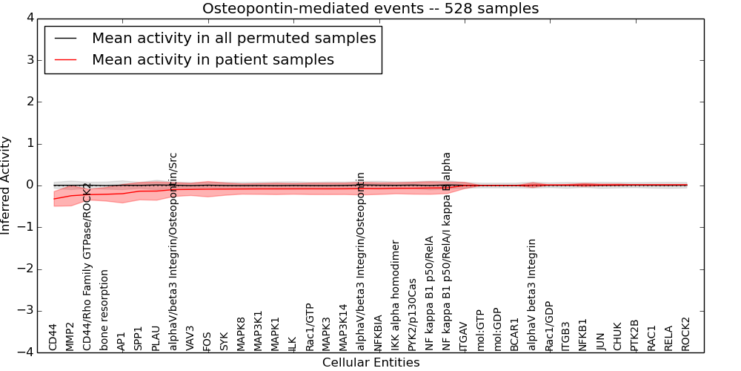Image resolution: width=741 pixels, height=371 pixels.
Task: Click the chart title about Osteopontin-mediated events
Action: pyautogui.click(x=370, y=8)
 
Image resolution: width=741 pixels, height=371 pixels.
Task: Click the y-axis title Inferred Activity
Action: pyautogui.click(x=7, y=185)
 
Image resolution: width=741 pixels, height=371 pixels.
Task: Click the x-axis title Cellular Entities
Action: pyautogui.click(x=370, y=363)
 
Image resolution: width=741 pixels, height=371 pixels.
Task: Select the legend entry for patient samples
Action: pyautogui.click(x=213, y=59)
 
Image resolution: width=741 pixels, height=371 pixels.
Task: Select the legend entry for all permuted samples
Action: pyautogui.click(x=233, y=38)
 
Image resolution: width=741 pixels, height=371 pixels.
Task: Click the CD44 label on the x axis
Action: pyautogui.click(x=53, y=337)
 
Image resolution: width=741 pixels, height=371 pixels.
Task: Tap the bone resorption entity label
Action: pyautogui.click(x=104, y=309)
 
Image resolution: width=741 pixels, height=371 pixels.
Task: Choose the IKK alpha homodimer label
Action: pyautogui.click(x=396, y=295)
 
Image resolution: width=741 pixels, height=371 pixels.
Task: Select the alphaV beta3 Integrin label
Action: pyautogui.click(x=531, y=295)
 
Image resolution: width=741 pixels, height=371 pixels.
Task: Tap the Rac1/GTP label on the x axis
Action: pyautogui.click(x=310, y=326)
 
